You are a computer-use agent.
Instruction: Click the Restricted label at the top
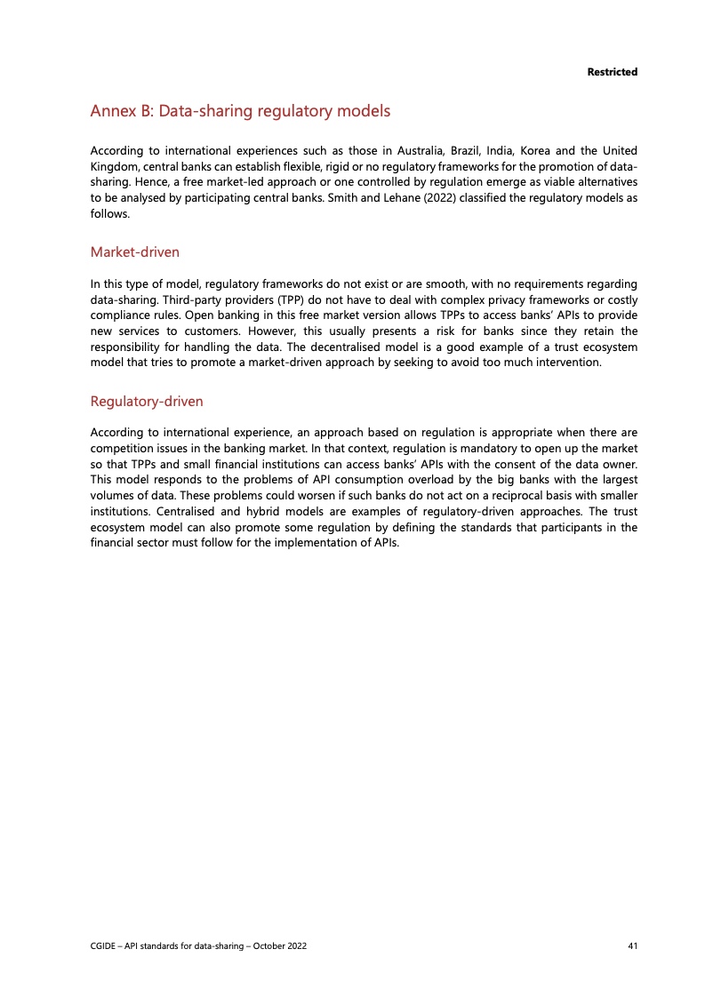[x=612, y=71]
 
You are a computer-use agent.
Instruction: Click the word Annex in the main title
[x=113, y=112]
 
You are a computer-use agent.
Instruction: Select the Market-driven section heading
[x=135, y=252]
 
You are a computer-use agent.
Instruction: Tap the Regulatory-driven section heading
[x=147, y=402]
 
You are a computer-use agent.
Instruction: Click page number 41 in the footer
[x=632, y=945]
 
